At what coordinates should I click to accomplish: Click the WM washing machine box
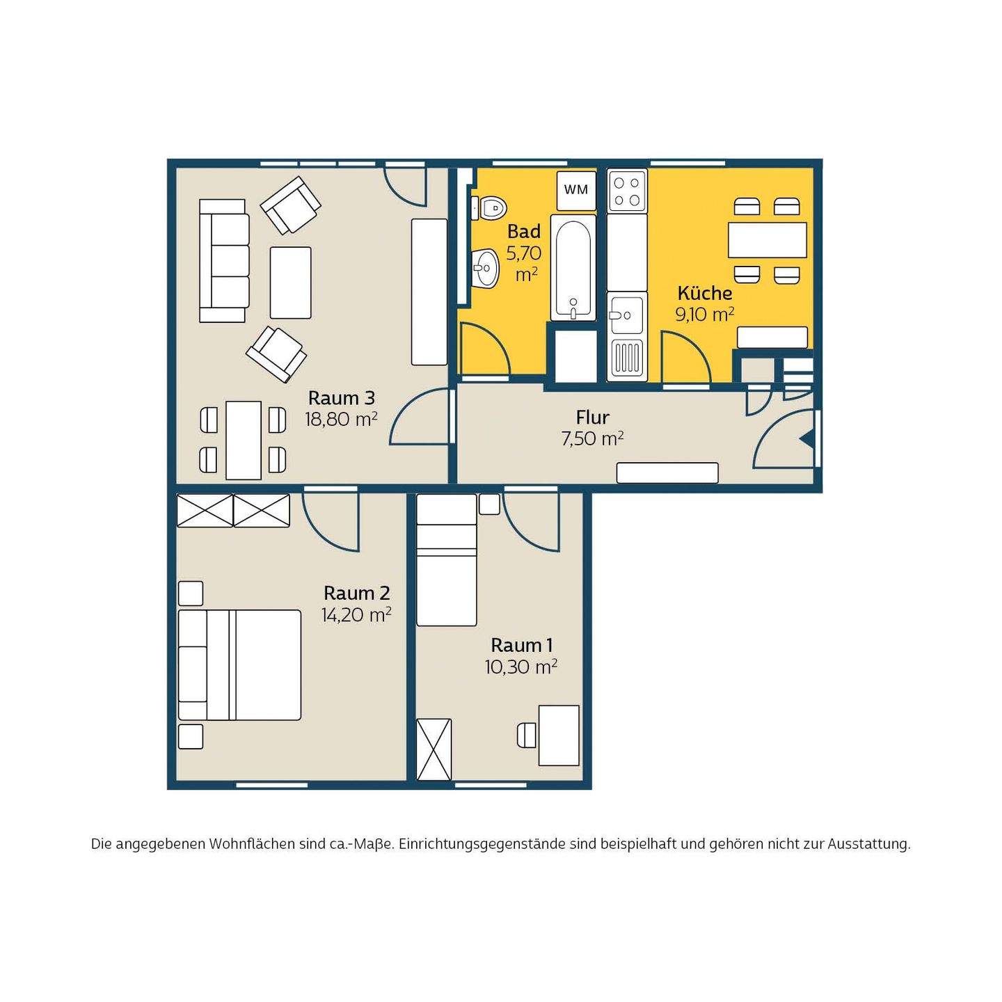(x=576, y=190)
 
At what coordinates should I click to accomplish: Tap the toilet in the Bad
(x=488, y=209)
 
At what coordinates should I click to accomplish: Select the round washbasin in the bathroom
(x=486, y=267)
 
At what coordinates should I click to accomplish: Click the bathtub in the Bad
(x=573, y=267)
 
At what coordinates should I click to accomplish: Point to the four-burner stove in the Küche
(x=627, y=191)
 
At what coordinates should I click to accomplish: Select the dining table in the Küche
(x=767, y=239)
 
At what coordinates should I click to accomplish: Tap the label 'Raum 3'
(x=341, y=398)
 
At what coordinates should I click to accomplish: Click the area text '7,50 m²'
(x=592, y=439)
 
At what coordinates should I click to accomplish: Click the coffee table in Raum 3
(x=291, y=283)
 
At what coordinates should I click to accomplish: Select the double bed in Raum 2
(x=239, y=665)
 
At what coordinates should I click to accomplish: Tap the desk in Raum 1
(x=559, y=735)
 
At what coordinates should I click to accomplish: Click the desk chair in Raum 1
(x=526, y=735)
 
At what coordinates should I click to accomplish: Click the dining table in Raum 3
(x=244, y=440)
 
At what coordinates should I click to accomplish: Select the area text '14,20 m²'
(x=356, y=615)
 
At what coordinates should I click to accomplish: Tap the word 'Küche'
(x=705, y=293)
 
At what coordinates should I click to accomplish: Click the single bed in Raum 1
(x=447, y=559)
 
